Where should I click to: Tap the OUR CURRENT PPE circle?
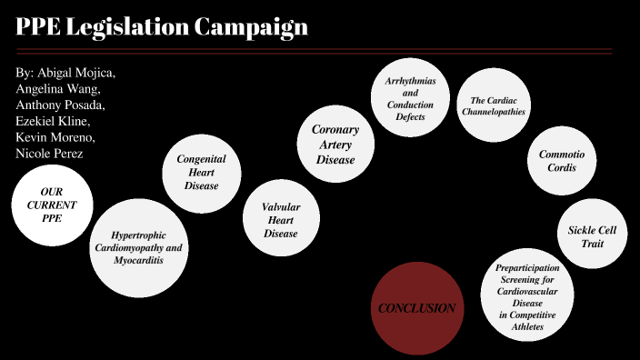(51, 205)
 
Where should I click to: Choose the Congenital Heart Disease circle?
(202, 172)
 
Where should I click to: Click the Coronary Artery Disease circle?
(335, 145)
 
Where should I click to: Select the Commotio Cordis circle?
(562, 161)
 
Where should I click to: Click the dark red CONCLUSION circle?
(416, 308)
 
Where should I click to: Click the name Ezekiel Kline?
(53, 121)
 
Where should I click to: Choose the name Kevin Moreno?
(55, 137)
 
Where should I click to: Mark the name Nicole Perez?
(49, 154)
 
